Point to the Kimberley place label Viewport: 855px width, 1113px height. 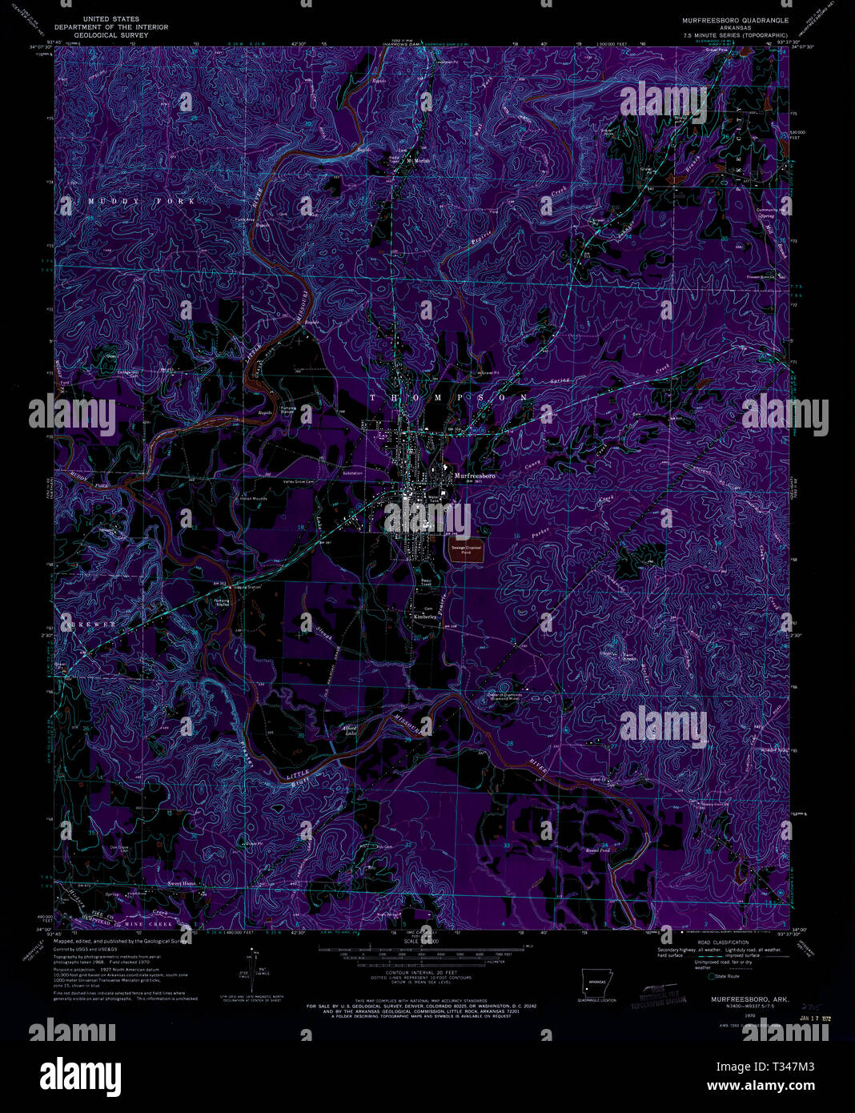click(423, 617)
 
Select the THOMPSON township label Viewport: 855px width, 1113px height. click(448, 397)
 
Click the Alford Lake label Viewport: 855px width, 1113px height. click(349, 729)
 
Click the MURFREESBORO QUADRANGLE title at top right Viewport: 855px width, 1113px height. click(735, 20)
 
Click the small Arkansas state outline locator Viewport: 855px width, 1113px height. click(596, 980)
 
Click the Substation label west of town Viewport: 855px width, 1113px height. click(352, 474)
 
